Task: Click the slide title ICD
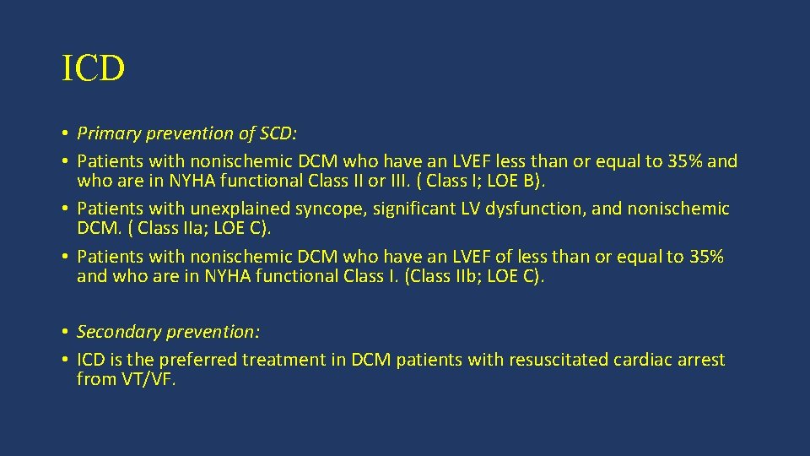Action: pos(93,69)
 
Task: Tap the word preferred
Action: pos(203,360)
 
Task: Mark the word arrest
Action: pos(699,360)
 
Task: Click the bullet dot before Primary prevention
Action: pos(65,133)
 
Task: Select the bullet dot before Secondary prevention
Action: pos(65,332)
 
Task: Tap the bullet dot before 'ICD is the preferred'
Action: pos(65,360)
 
